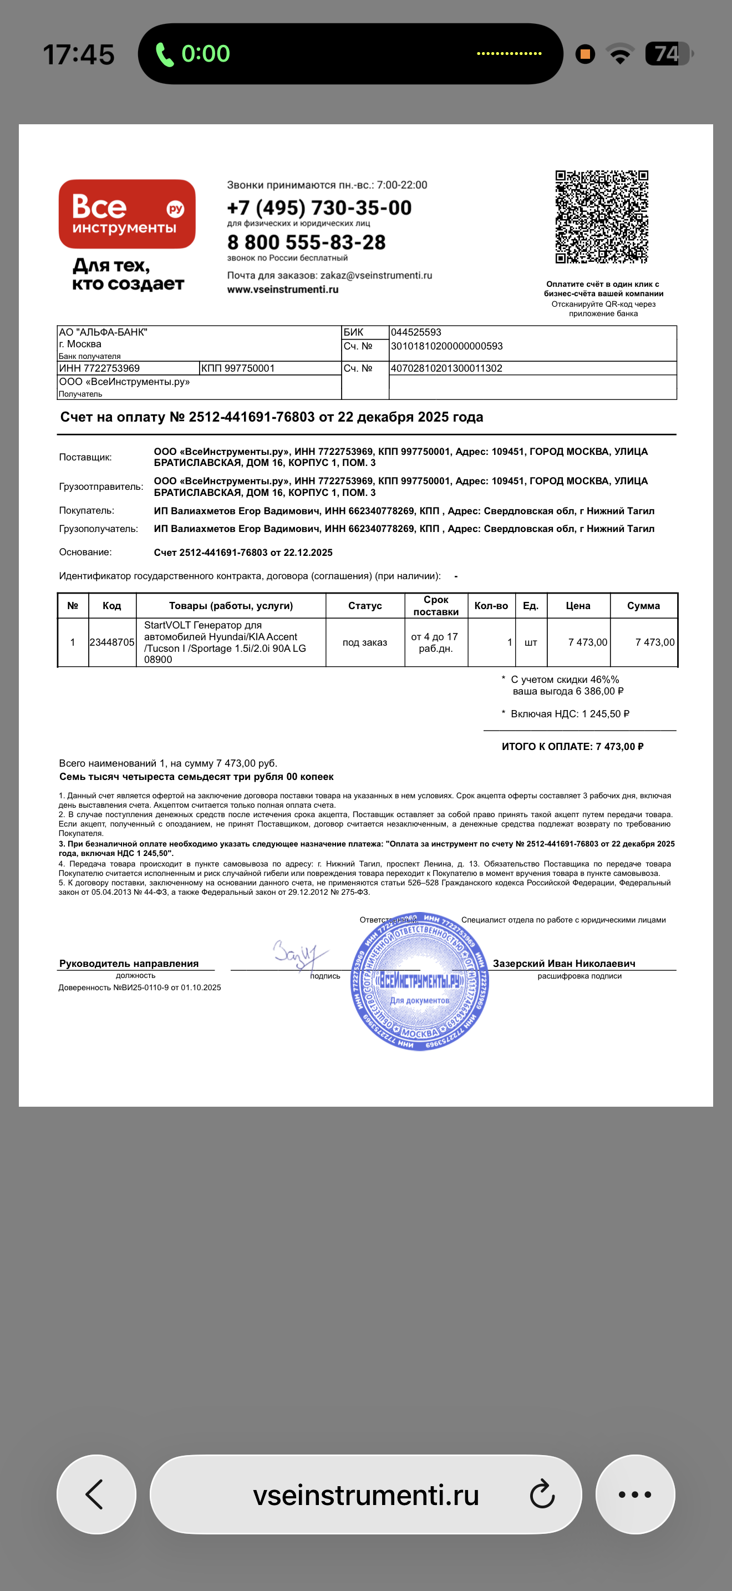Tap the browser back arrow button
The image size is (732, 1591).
click(x=96, y=1494)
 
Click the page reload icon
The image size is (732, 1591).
click(x=542, y=1494)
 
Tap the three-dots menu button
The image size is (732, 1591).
click(x=634, y=1494)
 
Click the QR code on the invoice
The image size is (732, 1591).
click(x=601, y=217)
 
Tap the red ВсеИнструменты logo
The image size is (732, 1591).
click(x=127, y=214)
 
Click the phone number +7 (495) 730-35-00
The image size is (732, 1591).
click(x=319, y=207)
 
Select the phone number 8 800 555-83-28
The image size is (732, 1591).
click(x=306, y=242)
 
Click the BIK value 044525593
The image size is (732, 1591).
click(x=416, y=332)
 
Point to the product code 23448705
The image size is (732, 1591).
click(x=111, y=642)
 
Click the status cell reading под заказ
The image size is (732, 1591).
click(x=365, y=642)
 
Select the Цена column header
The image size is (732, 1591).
click(x=578, y=606)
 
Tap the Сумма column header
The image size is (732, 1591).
click(x=643, y=606)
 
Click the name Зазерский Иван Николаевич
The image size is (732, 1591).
click(x=563, y=964)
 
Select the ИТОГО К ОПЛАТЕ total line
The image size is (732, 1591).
click(x=572, y=747)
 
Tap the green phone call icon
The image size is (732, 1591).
click(x=164, y=54)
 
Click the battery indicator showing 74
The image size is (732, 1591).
click(x=667, y=54)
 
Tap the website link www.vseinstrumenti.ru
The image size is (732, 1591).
click(x=283, y=290)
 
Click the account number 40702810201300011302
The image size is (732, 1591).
click(x=446, y=368)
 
